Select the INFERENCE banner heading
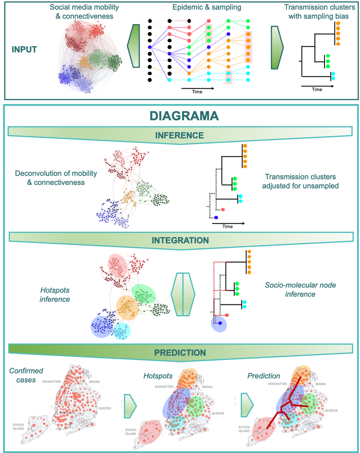[180, 135]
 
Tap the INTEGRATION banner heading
[180, 240]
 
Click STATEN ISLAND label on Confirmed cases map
[22, 426]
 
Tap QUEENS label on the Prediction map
[334, 410]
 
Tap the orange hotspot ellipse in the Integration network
[127, 307]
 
